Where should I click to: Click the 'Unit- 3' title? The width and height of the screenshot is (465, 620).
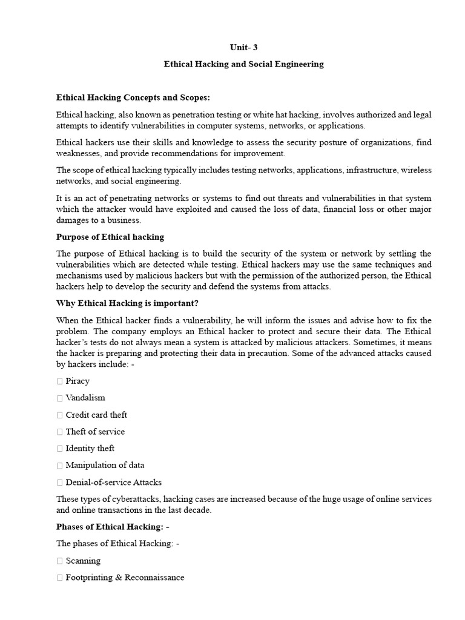pos(243,47)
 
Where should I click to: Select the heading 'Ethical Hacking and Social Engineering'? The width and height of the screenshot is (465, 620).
pos(243,64)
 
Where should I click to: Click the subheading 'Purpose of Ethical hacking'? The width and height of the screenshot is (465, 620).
pos(110,237)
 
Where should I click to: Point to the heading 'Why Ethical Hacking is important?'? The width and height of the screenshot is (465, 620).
pos(127,303)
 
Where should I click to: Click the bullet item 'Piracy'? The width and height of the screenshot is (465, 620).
pos(77,381)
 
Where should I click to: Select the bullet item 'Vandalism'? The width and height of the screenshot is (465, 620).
pos(85,398)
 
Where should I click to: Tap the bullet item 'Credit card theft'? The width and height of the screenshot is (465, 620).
pos(96,415)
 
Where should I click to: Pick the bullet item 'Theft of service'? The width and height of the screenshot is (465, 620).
pos(95,432)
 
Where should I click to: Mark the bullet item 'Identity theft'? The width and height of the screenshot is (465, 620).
pos(90,449)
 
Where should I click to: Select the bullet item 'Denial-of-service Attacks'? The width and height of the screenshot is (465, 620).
pos(114,483)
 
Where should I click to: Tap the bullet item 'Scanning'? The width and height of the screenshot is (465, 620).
pos(83,561)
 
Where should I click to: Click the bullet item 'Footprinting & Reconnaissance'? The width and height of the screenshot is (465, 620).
pos(125,578)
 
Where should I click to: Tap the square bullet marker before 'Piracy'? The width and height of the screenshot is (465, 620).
pos(59,381)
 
